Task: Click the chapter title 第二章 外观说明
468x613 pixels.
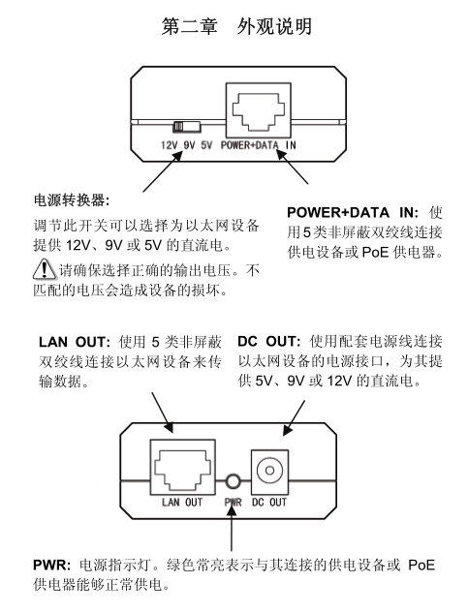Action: coord(236,26)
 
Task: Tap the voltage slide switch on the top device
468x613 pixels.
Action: coord(187,126)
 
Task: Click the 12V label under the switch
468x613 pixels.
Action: coord(169,145)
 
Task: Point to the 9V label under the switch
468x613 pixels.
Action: coord(189,145)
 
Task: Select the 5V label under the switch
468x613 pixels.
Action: coord(206,145)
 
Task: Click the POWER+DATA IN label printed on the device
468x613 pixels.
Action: coord(259,145)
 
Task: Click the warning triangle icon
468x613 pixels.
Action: coord(45,269)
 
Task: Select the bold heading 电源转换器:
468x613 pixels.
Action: coord(72,200)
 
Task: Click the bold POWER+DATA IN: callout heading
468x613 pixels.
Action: coord(353,213)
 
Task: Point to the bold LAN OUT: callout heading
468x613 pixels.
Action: coord(75,342)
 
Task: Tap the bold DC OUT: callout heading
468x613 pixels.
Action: coord(268,341)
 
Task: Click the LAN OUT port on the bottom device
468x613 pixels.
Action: coord(183,468)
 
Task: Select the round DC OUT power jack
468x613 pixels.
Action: coord(269,471)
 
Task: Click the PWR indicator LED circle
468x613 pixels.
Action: coord(234,481)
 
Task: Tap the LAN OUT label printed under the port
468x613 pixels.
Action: coord(182,503)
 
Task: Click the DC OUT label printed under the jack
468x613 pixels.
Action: coord(269,503)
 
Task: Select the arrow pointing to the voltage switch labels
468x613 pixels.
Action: coord(163,171)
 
